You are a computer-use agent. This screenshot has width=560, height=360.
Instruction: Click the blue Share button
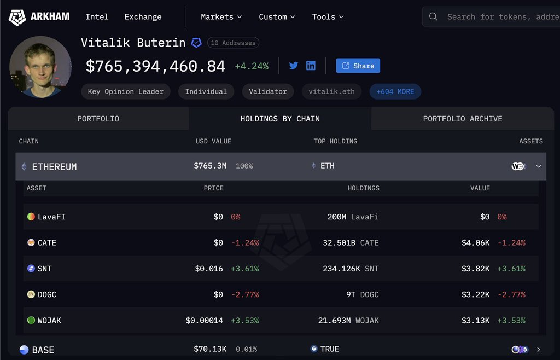click(x=358, y=66)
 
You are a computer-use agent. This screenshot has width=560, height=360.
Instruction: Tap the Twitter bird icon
click(x=294, y=66)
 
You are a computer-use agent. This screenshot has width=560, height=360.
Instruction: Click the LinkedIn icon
click(x=311, y=66)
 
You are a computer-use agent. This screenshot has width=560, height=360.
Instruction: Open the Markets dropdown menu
click(x=221, y=17)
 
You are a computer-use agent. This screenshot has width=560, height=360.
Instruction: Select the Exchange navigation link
click(x=143, y=17)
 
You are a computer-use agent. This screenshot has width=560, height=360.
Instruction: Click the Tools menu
click(x=328, y=17)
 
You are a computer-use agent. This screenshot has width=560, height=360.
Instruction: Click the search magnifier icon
click(x=433, y=17)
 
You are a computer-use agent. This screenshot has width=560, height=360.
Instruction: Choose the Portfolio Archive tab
click(x=463, y=119)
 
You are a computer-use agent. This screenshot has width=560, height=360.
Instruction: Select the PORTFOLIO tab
click(x=98, y=119)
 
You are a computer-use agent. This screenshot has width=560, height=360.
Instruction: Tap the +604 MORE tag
click(x=395, y=91)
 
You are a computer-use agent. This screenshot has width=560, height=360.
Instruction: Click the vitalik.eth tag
click(x=331, y=91)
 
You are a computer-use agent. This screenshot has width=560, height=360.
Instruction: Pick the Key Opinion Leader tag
click(x=126, y=91)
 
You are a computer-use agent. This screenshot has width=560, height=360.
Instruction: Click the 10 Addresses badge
click(x=233, y=43)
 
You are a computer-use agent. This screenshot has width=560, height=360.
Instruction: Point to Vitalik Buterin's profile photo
click(x=40, y=67)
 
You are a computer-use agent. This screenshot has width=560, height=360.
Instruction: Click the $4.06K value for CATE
click(x=475, y=242)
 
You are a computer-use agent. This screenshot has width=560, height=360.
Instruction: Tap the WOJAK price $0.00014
click(x=204, y=321)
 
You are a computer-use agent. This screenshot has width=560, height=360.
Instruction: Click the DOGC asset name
click(x=47, y=294)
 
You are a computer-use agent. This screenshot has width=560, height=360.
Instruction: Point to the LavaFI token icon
click(x=31, y=217)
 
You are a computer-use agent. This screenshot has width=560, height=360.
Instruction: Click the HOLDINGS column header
click(x=363, y=188)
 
